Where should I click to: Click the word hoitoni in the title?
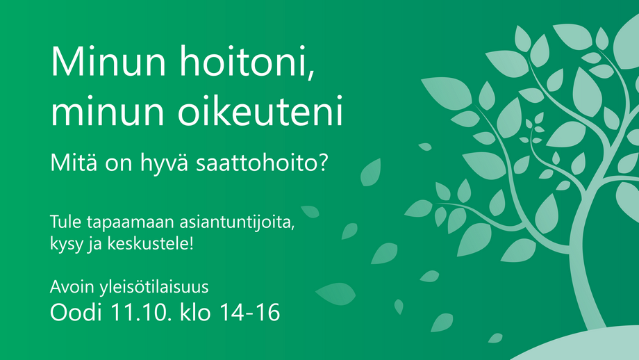[x=244, y=61]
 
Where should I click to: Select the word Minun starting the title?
[x=108, y=61]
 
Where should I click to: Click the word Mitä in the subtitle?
[x=74, y=163]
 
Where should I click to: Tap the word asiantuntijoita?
[x=235, y=222]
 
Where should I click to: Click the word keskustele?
[x=147, y=244]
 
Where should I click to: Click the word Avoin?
[x=72, y=286]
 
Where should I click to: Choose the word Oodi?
[x=76, y=312]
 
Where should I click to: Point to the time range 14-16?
[x=250, y=313]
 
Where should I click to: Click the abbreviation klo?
[x=196, y=312]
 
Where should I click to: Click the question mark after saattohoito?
[x=323, y=163]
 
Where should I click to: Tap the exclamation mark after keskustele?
[x=191, y=243]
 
